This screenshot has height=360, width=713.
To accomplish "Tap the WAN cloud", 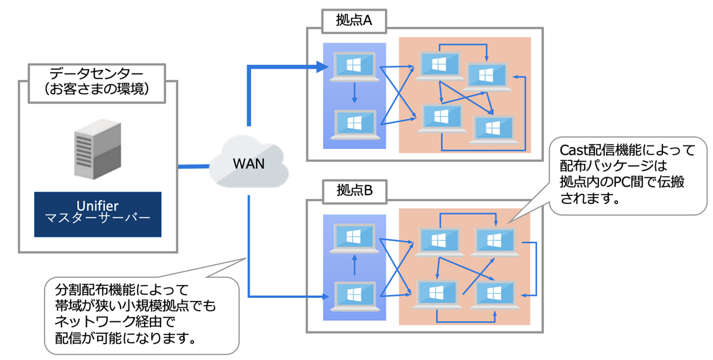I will [249, 164].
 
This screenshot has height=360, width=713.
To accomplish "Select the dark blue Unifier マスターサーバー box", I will [97, 214].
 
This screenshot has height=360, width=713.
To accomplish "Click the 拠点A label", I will [354, 21].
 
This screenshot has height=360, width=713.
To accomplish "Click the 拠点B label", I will [354, 190].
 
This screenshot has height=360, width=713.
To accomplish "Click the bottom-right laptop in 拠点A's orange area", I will [490, 128].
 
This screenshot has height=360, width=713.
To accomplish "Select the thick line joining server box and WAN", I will [194, 168].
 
